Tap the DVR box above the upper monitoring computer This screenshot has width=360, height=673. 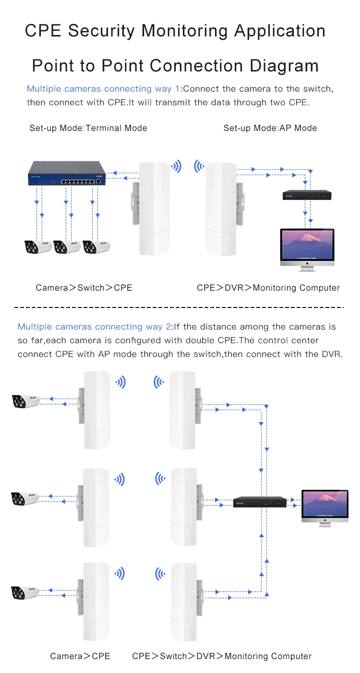click(307, 195)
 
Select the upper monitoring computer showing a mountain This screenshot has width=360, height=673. click(307, 247)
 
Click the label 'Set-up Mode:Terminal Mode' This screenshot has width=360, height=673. click(88, 128)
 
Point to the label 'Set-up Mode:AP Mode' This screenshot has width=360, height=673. click(270, 128)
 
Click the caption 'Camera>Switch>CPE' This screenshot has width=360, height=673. click(84, 288)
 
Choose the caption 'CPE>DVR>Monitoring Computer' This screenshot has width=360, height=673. click(268, 288)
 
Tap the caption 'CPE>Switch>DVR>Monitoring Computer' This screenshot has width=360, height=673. click(222, 656)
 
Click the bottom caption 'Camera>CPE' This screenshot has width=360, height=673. click(80, 656)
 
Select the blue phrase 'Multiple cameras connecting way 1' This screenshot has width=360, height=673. click(103, 89)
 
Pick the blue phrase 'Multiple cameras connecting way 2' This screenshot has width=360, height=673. click(94, 327)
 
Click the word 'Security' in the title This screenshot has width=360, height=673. click(102, 31)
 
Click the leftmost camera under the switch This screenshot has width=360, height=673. click(38, 247)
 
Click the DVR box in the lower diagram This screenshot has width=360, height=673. click(261, 502)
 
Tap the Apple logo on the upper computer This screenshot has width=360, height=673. click(307, 263)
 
